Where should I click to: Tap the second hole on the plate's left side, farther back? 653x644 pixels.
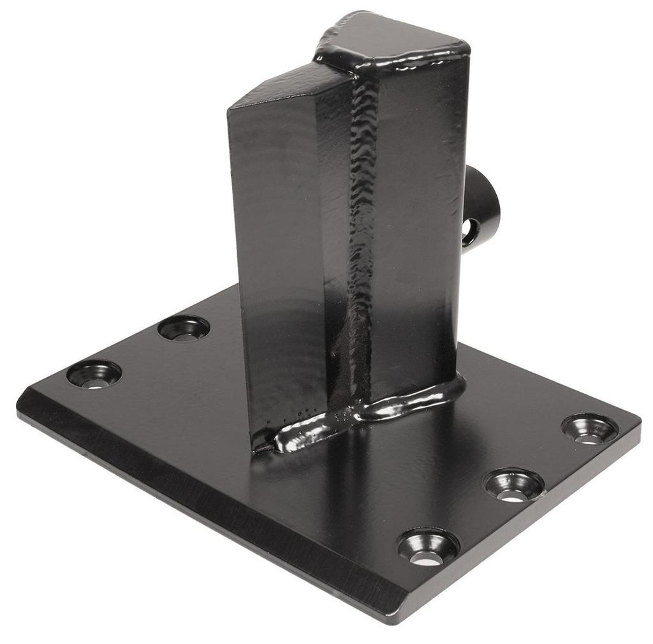pyautogui.click(x=184, y=328)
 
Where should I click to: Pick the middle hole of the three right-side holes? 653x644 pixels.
pyautogui.click(x=514, y=484)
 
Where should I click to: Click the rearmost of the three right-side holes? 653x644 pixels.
pyautogui.click(x=590, y=428)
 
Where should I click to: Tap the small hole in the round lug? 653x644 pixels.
pyautogui.click(x=470, y=228)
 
